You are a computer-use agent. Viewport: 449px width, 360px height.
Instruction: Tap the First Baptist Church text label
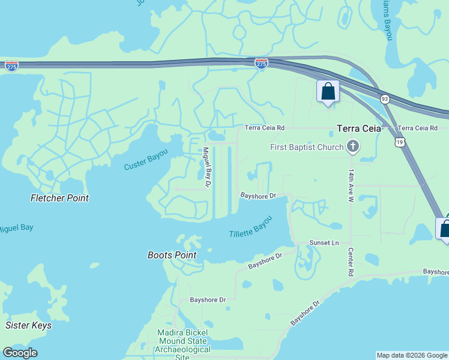pyautogui.click(x=307, y=147)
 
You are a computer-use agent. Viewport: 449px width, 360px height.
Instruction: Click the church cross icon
pyautogui.click(x=353, y=147)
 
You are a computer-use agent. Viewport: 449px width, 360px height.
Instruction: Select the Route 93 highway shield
pyautogui.click(x=385, y=98)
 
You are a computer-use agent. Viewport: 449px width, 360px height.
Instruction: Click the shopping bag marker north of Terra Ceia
pyautogui.click(x=328, y=92)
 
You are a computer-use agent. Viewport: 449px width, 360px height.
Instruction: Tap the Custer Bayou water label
pyautogui.click(x=146, y=160)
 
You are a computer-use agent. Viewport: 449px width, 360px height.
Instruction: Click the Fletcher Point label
pyautogui.click(x=59, y=198)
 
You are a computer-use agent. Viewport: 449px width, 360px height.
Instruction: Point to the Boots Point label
pyautogui.click(x=172, y=255)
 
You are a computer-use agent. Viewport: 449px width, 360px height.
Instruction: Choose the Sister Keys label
pyautogui.click(x=28, y=325)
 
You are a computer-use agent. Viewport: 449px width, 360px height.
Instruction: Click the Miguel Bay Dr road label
pyautogui.click(x=207, y=167)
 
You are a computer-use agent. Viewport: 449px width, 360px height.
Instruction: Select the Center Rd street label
pyautogui.click(x=350, y=263)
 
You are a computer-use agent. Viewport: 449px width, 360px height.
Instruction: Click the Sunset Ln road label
pyautogui.click(x=324, y=243)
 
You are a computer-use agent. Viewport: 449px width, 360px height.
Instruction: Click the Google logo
pyautogui.click(x=20, y=353)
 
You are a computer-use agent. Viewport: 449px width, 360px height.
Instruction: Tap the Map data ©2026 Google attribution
pyautogui.click(x=412, y=355)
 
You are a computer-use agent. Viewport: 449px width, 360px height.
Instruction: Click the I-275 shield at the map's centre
pyautogui.click(x=261, y=64)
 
